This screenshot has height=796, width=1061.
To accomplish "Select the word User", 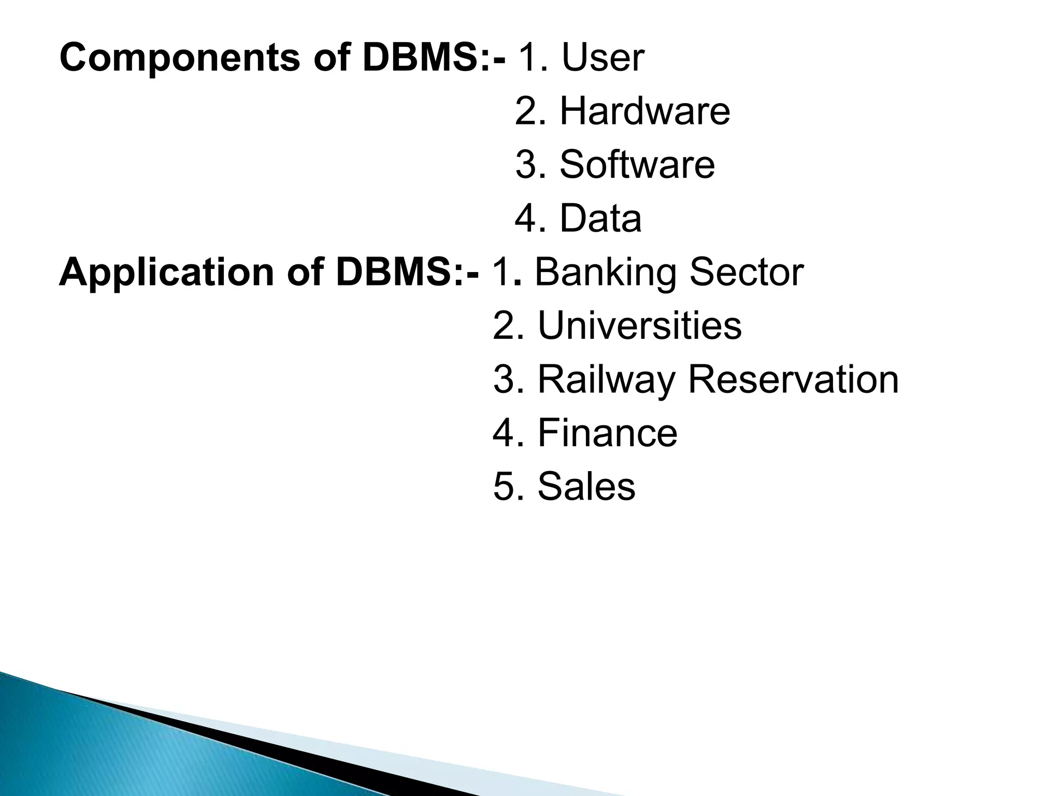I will coord(603,58).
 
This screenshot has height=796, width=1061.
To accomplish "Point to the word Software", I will coord(637,165).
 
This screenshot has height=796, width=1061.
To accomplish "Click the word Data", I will coord(600,219).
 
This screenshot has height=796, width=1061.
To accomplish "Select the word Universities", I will coord(640,325).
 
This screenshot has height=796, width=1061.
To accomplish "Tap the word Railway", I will coord(606,380).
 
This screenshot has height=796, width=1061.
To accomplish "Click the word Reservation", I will coord(793,379).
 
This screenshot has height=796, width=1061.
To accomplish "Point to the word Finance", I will coord(607,433).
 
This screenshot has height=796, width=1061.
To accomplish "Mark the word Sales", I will coord(586,487).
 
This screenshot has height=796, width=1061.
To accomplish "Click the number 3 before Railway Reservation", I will coord(504,379).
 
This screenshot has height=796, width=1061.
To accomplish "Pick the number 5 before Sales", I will coord(504,487).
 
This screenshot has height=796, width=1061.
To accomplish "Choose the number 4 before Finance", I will coord(504,433).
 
